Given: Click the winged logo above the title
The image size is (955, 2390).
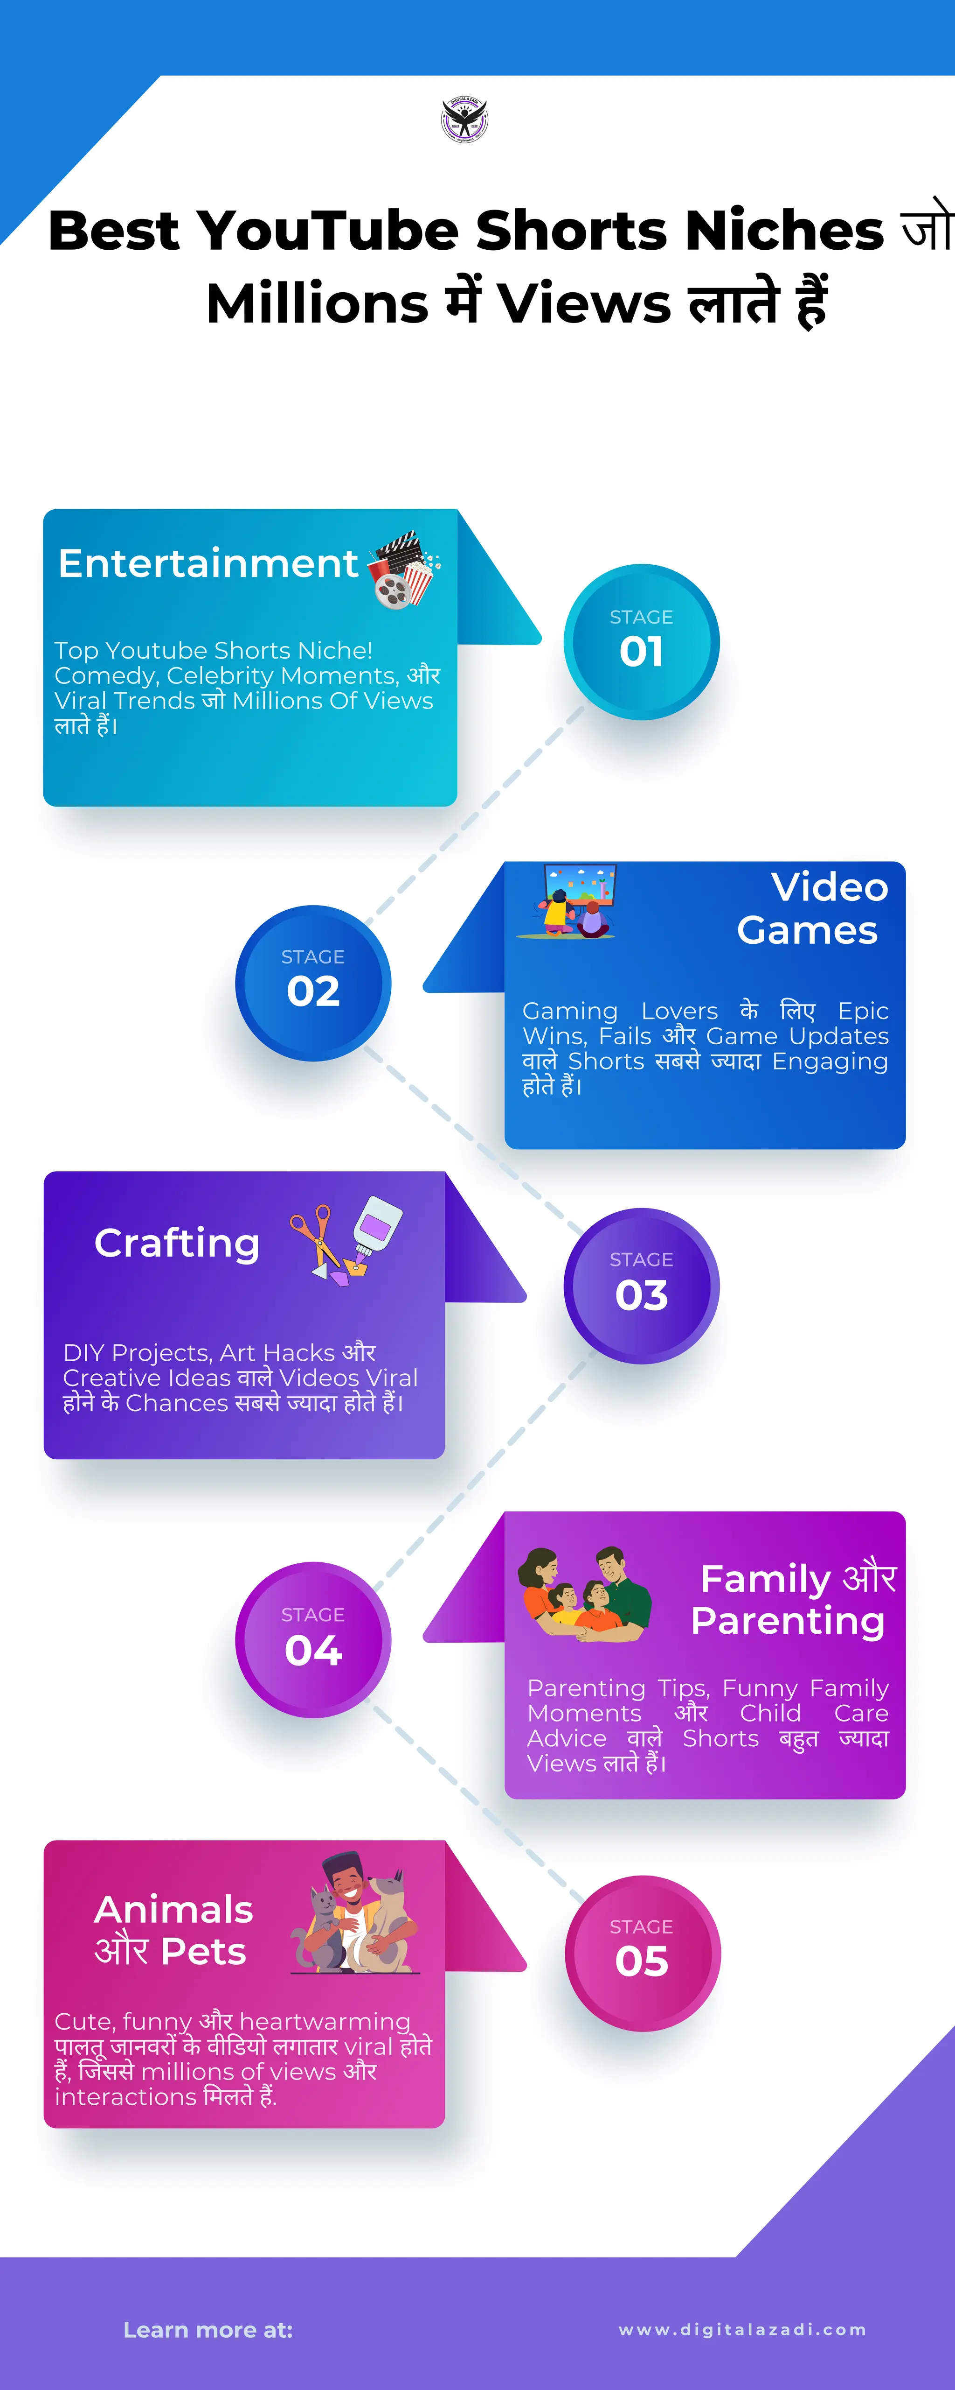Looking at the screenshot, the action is [464, 119].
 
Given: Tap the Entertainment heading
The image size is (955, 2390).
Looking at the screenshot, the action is [208, 563].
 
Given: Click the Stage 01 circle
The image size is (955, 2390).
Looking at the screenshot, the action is [642, 642].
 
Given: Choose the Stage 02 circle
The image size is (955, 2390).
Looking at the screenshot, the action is [313, 983].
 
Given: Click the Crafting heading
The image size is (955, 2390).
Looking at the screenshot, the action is [177, 1243].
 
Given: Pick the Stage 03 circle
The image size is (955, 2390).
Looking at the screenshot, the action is [642, 1286].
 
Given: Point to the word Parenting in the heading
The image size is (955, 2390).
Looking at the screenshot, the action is [788, 1621].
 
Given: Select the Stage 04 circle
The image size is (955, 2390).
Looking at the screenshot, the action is [313, 1640].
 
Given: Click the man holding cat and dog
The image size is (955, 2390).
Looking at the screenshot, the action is [355, 1914].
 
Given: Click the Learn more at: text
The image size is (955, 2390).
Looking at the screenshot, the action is [208, 2330].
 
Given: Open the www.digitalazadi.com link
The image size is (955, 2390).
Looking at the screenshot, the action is [742, 2330].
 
